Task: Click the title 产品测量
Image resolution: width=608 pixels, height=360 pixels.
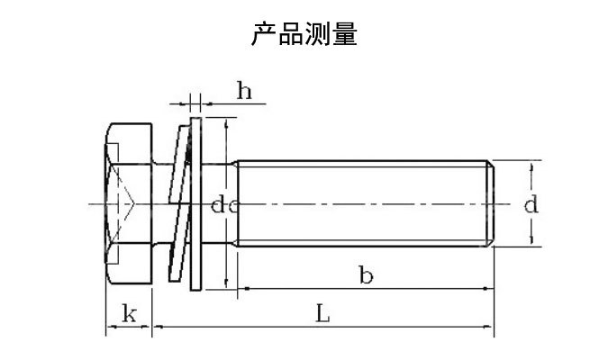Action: [x=304, y=34]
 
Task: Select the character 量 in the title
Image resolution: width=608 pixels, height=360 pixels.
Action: [x=345, y=34]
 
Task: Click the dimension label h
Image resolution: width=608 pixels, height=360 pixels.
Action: [x=244, y=90]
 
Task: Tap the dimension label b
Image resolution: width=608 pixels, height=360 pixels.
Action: [x=365, y=275]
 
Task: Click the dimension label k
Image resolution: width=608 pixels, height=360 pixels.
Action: [x=129, y=314]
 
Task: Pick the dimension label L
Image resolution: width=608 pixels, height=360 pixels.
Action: [x=323, y=314]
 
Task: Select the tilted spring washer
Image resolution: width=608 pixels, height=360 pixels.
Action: [x=184, y=205]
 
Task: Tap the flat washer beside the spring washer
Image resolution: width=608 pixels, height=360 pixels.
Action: [x=200, y=205]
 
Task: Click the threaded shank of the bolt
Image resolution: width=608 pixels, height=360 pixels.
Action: [x=360, y=203]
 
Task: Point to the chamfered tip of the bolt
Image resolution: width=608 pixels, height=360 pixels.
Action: [x=492, y=203]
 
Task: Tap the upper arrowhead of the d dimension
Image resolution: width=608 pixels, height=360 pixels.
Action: [x=531, y=166]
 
